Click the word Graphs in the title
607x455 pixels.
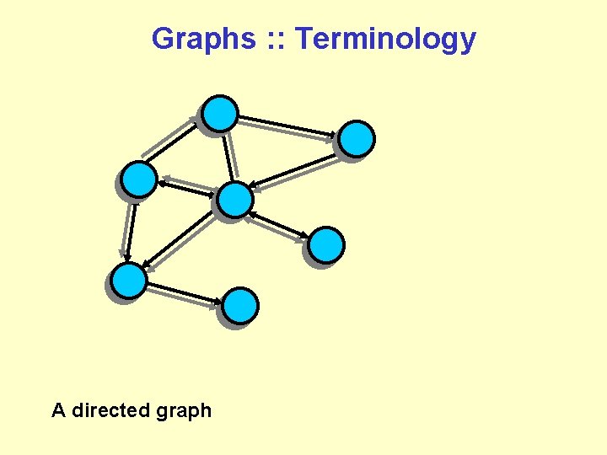click(202, 39)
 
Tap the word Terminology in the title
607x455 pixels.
click(386, 39)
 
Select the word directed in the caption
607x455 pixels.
click(110, 411)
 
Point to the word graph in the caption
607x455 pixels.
click(183, 412)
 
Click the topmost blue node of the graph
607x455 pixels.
click(221, 114)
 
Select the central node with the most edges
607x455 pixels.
click(234, 201)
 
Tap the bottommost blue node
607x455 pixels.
click(241, 306)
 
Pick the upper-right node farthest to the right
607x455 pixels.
click(357, 139)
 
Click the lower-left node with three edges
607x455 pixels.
click(129, 281)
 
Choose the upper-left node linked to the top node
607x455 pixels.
click(139, 179)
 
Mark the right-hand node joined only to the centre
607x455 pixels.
click(325, 245)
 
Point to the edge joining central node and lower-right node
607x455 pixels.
click(280, 223)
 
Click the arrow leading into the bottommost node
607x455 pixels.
click(185, 293)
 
